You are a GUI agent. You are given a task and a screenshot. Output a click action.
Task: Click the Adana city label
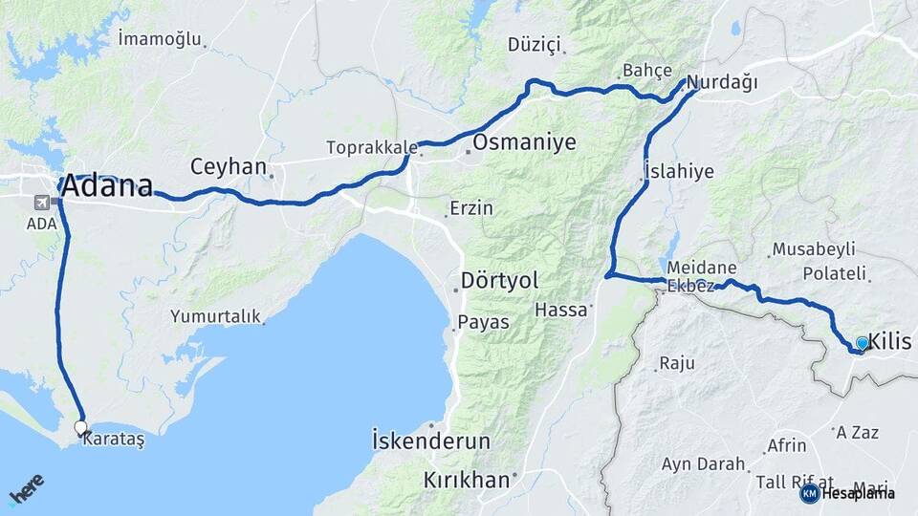(x=106, y=185)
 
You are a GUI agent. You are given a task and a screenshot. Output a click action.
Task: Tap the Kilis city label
(x=892, y=343)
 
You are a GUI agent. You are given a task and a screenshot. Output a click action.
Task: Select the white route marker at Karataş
(x=80, y=427)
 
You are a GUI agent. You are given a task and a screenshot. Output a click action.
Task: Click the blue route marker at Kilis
(x=863, y=343)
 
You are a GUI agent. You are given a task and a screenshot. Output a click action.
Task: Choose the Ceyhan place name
(x=228, y=166)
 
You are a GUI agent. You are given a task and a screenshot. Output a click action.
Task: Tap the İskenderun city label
(x=430, y=441)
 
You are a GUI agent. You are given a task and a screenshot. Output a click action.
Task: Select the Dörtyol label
(x=499, y=281)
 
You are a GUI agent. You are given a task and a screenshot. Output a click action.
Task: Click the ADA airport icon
(x=41, y=203)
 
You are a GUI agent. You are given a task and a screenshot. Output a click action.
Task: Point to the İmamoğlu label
(x=160, y=39)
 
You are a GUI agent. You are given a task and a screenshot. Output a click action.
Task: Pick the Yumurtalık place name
(x=215, y=316)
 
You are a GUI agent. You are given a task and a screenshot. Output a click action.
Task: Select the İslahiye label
(x=680, y=172)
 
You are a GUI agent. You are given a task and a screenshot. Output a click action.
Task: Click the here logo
(x=27, y=489)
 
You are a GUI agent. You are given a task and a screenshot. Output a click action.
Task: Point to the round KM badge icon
(x=809, y=493)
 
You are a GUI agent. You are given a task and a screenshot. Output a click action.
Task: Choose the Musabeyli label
(x=813, y=250)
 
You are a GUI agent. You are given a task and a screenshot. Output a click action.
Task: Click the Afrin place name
(x=787, y=445)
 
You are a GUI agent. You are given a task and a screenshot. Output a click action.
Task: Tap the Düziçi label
(x=536, y=45)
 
